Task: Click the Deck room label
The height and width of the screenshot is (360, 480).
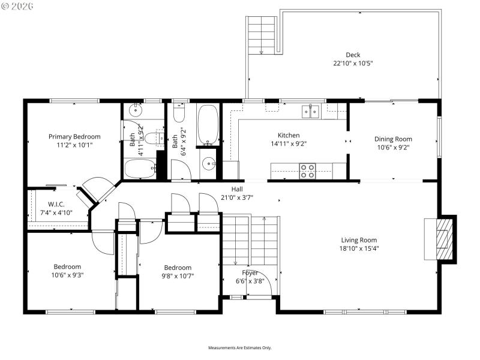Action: [x=353, y=55]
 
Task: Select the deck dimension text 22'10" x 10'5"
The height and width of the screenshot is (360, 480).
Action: [x=353, y=63]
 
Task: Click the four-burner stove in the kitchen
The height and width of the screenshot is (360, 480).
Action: [x=308, y=171]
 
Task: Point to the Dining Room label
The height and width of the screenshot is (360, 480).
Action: [x=393, y=139]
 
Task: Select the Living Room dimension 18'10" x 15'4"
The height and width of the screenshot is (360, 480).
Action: [x=359, y=248]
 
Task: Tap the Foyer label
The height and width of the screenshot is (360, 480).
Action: [x=250, y=272]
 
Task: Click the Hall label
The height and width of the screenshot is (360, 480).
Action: [x=237, y=189]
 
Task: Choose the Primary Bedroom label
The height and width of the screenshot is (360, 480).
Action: [x=74, y=137]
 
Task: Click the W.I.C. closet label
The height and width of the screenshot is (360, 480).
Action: [x=56, y=205]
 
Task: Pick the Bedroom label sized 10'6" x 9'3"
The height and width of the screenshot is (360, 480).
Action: [x=67, y=267]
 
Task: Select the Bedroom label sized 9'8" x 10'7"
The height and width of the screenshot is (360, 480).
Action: [x=178, y=268]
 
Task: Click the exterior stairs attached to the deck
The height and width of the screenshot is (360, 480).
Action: [x=261, y=34]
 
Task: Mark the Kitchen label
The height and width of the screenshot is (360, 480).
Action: [x=288, y=136]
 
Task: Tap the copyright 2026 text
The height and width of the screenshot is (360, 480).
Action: [x=17, y=5]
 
